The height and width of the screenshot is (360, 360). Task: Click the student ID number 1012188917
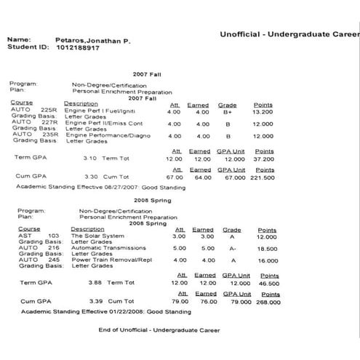pos(79,47)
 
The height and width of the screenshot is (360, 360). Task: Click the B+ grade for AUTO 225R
pos(227,113)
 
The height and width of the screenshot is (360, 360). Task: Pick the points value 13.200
pos(263,113)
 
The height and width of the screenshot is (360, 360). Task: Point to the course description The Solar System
pos(94,236)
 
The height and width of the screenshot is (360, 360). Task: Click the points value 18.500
pos(268,248)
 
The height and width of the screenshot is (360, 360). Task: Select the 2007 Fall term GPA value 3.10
pos(89,158)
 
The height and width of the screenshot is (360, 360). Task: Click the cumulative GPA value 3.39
pos(94,300)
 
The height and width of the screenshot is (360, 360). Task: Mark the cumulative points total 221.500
pos(261,177)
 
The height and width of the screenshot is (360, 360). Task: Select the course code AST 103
pos(39,236)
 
